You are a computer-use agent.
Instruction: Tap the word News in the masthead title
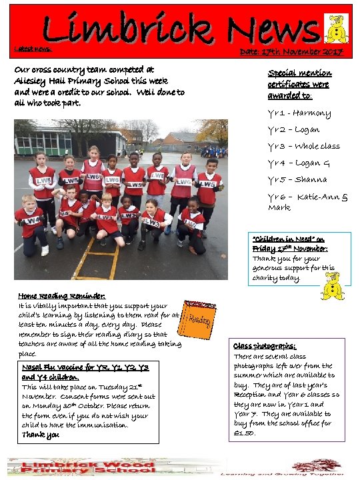tap(273, 30)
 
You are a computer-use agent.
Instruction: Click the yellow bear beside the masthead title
tap(334, 30)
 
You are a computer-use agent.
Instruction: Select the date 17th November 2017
tap(291, 53)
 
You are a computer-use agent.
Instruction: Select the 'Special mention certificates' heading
tap(299, 84)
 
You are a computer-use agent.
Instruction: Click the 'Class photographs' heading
tap(264, 346)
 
